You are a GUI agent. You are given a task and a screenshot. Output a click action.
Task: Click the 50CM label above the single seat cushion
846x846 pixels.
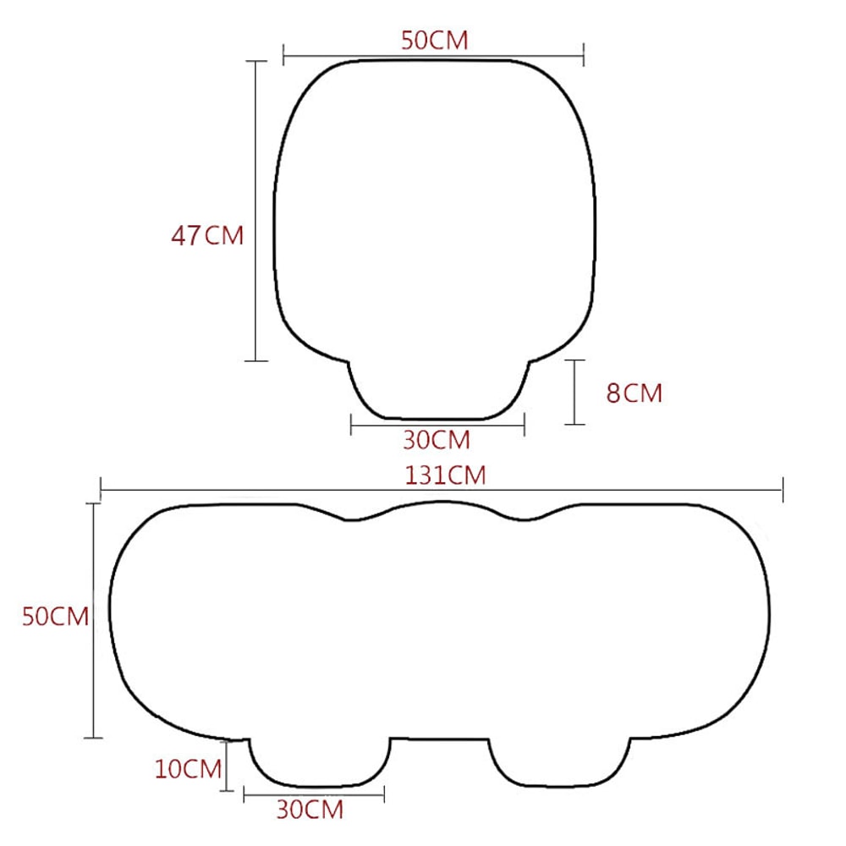click(x=434, y=41)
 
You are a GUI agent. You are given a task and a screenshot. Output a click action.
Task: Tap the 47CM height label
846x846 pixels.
click(x=207, y=235)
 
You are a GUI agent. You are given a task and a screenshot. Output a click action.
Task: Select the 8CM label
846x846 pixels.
click(x=634, y=393)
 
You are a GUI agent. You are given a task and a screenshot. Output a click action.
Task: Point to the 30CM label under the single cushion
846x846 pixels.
click(x=436, y=440)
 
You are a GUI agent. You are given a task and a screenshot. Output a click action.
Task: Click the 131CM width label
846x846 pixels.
click(x=445, y=475)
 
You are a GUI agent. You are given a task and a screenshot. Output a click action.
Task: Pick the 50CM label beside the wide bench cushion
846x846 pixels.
click(x=55, y=617)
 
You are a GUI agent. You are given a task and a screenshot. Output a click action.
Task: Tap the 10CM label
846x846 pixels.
click(x=187, y=768)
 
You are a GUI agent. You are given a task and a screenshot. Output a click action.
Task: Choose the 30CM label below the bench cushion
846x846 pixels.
click(x=310, y=810)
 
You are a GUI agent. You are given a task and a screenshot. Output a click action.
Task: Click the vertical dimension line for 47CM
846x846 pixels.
click(x=256, y=211)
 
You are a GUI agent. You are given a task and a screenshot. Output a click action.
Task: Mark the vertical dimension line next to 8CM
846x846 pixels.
click(x=575, y=392)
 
